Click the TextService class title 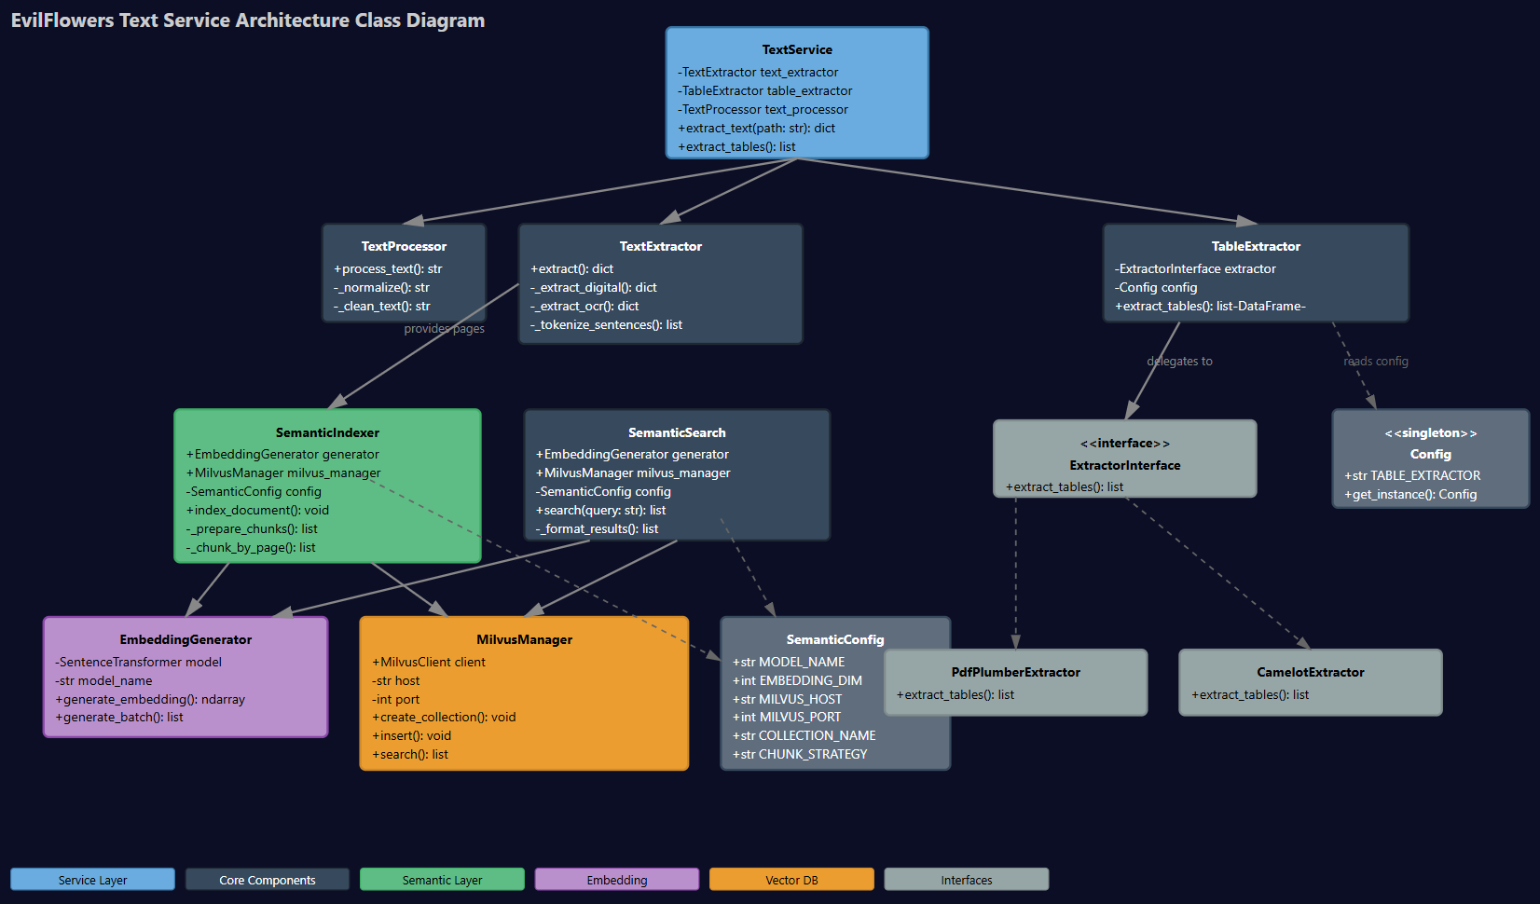[x=797, y=49]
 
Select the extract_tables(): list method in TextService [x=736, y=146]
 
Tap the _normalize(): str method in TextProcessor [x=381, y=287]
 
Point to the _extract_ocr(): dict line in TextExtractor [x=584, y=306]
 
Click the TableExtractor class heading [x=1256, y=246]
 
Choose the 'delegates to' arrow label [x=1179, y=361]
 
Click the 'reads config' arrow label [x=1375, y=361]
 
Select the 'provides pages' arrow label [x=444, y=328]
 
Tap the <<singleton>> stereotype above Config [x=1430, y=432]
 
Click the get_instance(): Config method [x=1410, y=494]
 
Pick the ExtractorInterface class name [x=1124, y=465]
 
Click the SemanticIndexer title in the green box [x=327, y=432]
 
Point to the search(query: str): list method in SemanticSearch [x=600, y=510]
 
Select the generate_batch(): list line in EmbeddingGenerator [x=119, y=717]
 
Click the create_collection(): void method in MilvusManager [x=444, y=717]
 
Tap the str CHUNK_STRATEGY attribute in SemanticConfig [x=800, y=754]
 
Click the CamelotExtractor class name [x=1310, y=672]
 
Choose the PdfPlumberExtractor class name [x=1015, y=672]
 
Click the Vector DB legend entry [x=791, y=880]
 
